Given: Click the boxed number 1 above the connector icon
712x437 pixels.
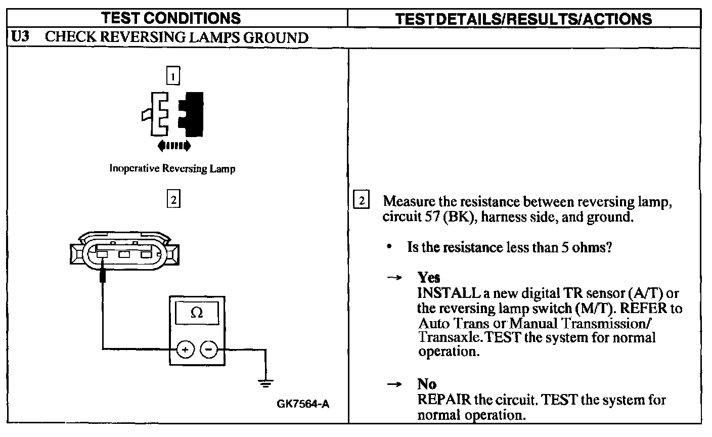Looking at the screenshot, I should (173, 77).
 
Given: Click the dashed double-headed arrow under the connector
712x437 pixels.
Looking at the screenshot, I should (174, 146).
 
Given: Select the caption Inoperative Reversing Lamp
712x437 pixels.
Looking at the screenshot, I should (172, 169).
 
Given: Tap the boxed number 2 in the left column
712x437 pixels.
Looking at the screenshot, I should (173, 199).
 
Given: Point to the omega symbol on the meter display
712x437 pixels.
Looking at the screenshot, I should (197, 313).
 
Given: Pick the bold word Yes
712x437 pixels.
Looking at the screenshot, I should (428, 278).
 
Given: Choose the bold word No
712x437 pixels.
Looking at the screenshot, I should (427, 384).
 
